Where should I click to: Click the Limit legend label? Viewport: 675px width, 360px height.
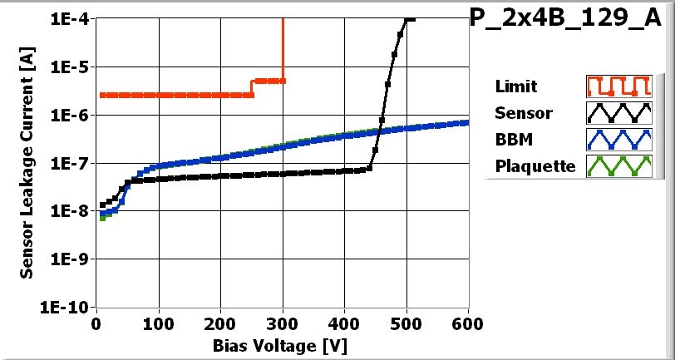click(x=515, y=86)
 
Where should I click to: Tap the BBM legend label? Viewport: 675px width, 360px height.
click(x=512, y=139)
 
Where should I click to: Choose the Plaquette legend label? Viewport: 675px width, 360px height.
click(x=535, y=165)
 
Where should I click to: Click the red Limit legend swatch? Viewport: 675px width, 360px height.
click(x=617, y=86)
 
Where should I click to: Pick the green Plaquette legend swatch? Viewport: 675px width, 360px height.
click(x=617, y=165)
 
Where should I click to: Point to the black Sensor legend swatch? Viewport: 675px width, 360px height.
click(x=617, y=112)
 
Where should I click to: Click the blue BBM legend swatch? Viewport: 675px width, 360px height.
click(x=617, y=139)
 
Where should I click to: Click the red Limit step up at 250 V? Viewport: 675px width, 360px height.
click(x=252, y=87)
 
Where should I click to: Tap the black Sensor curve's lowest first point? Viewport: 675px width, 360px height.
click(x=102, y=205)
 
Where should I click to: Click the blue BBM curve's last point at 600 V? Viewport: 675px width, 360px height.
click(x=467, y=122)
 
